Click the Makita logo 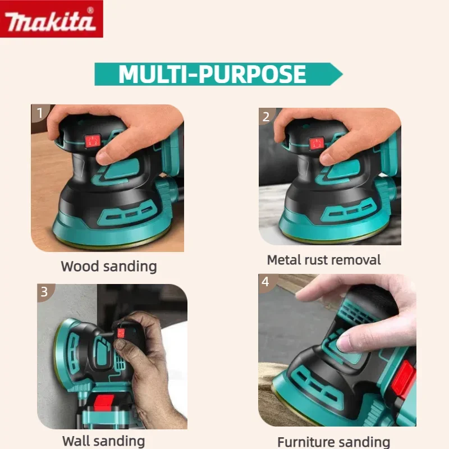[52, 19]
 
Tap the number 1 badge [39, 114]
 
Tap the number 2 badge [266, 117]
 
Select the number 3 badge [44, 292]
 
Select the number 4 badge [265, 282]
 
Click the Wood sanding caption [108, 265]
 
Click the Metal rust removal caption [324, 260]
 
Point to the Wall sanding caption [103, 441]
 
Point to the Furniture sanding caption [334, 442]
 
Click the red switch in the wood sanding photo [92, 140]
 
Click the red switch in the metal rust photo [317, 143]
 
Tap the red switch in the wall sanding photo [121, 333]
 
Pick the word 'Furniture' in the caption [310, 442]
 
